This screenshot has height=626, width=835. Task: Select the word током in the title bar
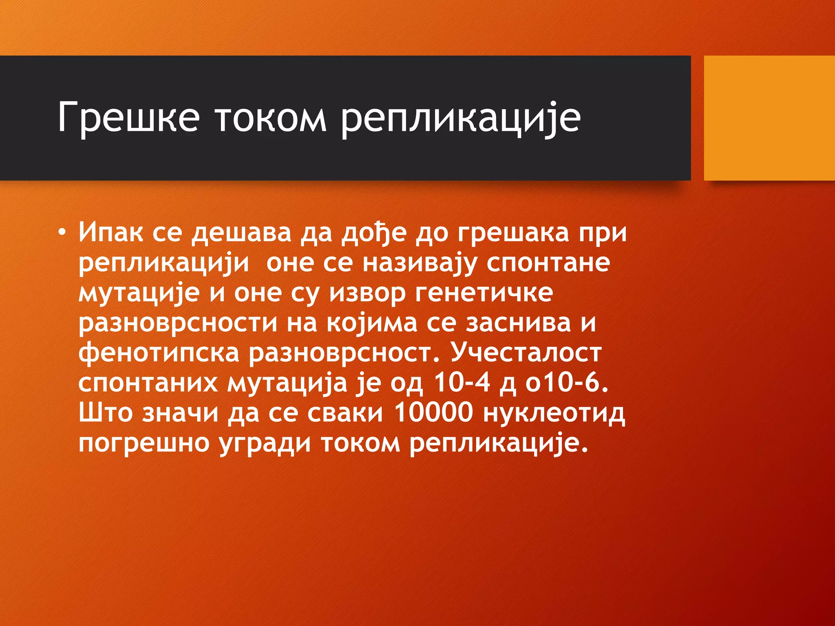click(x=270, y=118)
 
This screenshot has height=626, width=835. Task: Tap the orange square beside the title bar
click(x=769, y=118)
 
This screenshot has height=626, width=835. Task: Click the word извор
click(x=367, y=293)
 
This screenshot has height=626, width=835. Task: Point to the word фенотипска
click(x=159, y=353)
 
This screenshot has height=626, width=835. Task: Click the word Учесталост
click(x=526, y=353)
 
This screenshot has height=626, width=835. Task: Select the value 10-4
click(x=461, y=383)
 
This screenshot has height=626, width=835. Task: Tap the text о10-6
click(x=567, y=383)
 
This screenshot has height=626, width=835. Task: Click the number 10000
click(x=434, y=413)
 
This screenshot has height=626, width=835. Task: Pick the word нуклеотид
click(x=554, y=413)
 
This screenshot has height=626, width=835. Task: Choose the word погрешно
click(x=144, y=444)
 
